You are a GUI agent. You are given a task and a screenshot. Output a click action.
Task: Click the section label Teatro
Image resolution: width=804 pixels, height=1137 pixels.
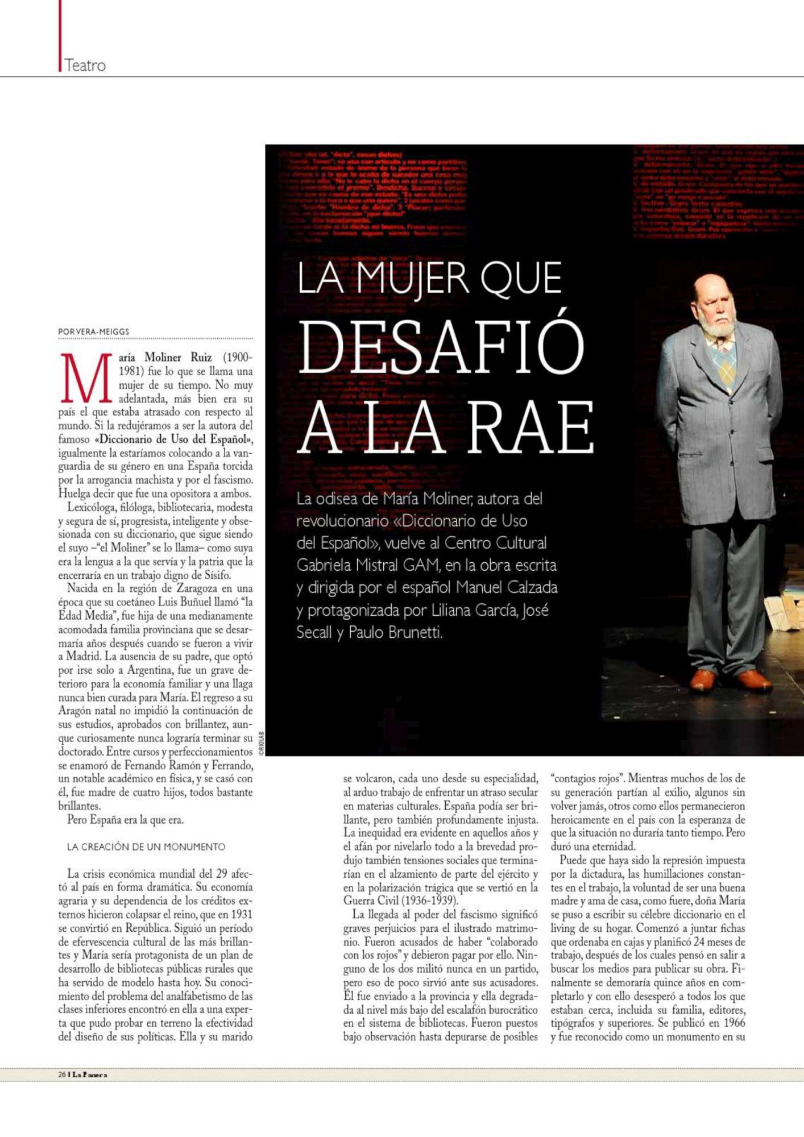(85, 65)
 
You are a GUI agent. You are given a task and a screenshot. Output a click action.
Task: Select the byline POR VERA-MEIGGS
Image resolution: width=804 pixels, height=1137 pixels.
(94, 331)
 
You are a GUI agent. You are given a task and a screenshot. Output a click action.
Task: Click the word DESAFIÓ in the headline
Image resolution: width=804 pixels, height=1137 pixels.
(441, 347)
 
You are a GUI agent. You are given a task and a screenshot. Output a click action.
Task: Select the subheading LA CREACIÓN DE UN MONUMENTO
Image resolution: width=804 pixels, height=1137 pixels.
(146, 846)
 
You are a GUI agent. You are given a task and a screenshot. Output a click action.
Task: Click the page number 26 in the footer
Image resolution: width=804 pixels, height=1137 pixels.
(62, 1074)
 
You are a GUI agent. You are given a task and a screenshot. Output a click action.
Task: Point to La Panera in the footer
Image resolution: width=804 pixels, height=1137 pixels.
(90, 1074)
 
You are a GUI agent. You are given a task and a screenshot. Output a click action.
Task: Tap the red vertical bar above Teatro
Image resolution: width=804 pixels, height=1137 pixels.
(59, 34)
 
